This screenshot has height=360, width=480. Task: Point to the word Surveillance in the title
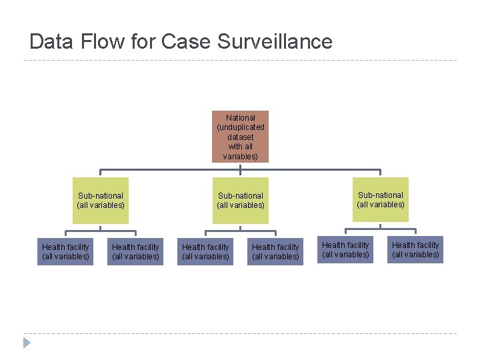click(x=274, y=41)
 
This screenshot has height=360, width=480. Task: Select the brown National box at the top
click(x=241, y=137)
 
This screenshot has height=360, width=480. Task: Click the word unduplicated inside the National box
click(x=241, y=127)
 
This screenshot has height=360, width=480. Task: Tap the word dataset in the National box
click(x=241, y=137)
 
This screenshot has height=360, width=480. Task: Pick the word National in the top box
click(x=241, y=118)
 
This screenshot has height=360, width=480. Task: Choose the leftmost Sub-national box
click(x=101, y=200)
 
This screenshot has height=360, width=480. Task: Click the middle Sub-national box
click(x=241, y=200)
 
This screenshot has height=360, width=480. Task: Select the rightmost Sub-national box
click(x=381, y=199)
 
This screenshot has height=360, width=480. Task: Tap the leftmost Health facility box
click(x=65, y=251)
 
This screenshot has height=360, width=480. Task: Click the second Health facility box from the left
click(x=135, y=251)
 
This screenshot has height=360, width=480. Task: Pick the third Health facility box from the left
click(x=205, y=251)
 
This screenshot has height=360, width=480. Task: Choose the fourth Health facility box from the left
click(x=275, y=251)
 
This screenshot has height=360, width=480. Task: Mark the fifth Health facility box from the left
click(x=345, y=250)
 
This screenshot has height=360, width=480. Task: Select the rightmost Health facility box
click(x=415, y=250)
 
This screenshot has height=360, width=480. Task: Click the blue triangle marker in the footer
click(x=27, y=343)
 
